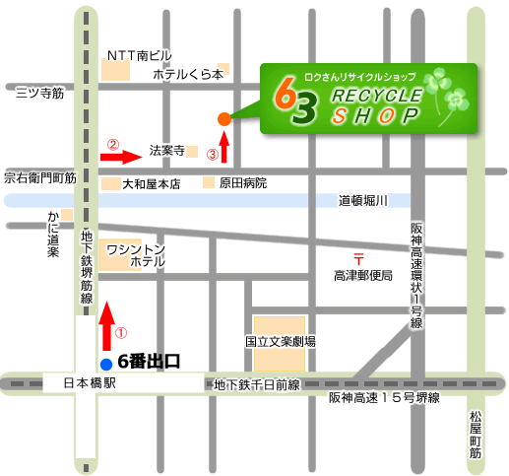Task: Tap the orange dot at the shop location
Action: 224,118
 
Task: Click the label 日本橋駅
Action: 90,382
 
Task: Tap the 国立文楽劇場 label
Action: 281,342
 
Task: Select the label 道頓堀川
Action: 364,201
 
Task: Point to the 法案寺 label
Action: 166,152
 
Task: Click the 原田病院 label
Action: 243,183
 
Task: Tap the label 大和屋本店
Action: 151,184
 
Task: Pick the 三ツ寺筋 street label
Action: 40,93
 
